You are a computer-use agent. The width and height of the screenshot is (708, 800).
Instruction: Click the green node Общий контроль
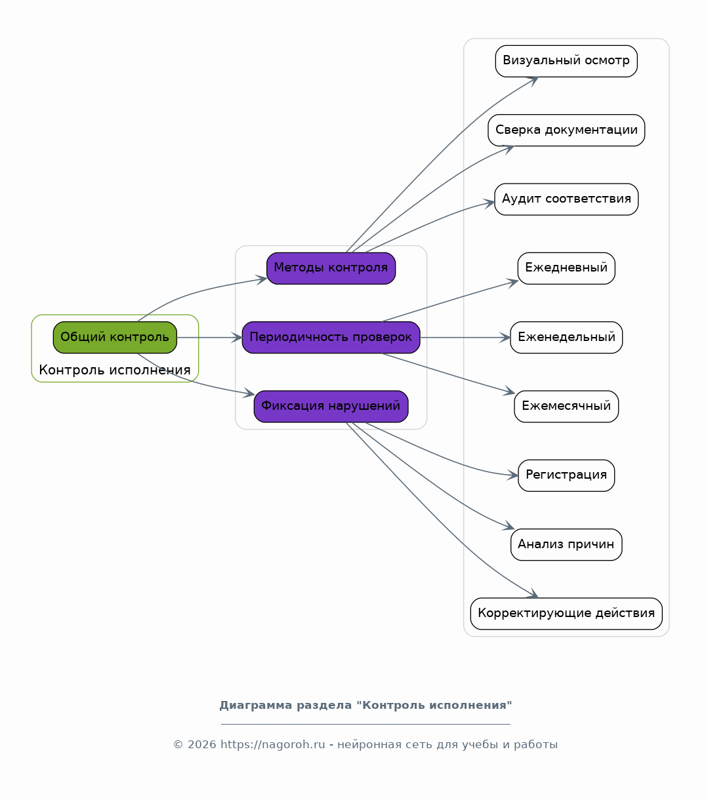(x=115, y=337)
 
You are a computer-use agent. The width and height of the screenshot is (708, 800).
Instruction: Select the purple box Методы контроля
(x=331, y=268)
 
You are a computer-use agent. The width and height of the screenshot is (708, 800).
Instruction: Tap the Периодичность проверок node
(x=331, y=337)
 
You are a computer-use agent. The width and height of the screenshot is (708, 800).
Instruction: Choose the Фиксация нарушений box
(x=331, y=407)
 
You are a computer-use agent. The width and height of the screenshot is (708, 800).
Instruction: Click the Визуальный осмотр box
(x=566, y=61)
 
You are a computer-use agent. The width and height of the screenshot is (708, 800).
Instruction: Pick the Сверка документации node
(x=566, y=130)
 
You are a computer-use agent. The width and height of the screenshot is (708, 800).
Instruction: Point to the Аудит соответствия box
(x=566, y=199)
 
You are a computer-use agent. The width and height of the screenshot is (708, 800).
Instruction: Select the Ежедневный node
(x=566, y=268)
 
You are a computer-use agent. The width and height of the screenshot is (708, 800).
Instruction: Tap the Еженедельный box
(x=566, y=337)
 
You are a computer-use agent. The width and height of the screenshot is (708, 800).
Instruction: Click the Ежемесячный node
(x=566, y=407)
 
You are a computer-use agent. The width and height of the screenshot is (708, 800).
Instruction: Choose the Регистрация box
(x=566, y=475)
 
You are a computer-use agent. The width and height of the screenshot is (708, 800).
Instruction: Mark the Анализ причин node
(x=566, y=544)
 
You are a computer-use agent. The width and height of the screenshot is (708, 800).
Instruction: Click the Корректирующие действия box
(x=566, y=614)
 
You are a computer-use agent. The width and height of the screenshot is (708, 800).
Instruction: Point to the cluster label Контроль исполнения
(x=115, y=370)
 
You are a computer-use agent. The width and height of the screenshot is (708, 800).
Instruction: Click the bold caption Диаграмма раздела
(x=285, y=705)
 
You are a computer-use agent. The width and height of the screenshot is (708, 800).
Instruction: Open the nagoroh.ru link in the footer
(x=272, y=744)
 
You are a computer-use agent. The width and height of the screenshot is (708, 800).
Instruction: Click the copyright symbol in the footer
(x=178, y=745)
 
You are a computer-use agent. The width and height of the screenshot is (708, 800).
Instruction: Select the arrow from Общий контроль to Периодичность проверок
(x=209, y=337)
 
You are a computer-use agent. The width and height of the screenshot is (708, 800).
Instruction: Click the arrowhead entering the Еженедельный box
(x=505, y=337)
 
